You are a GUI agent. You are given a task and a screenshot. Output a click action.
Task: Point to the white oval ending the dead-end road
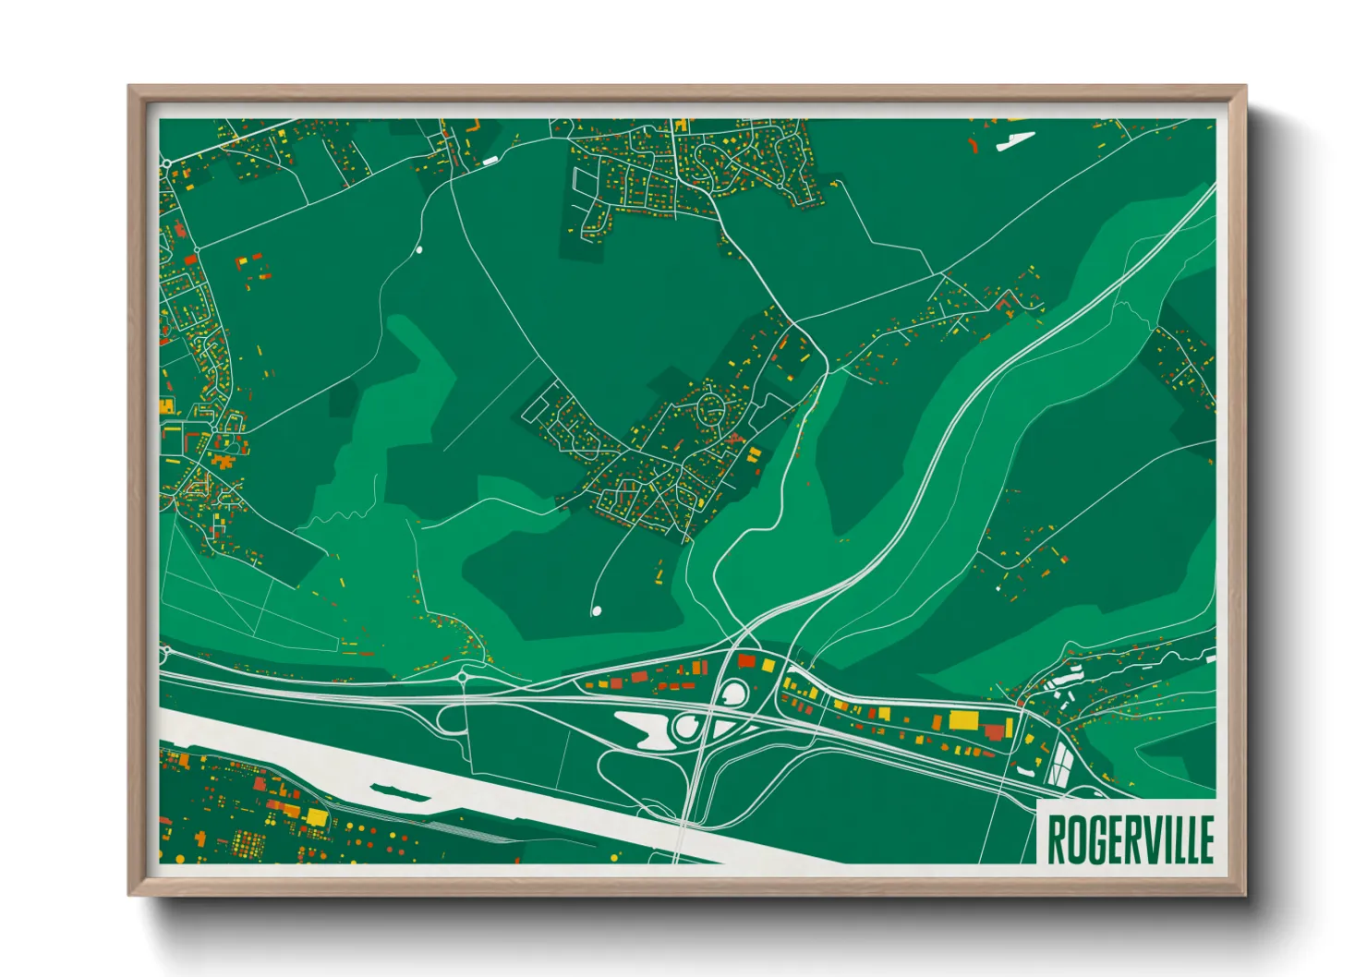click(596, 609)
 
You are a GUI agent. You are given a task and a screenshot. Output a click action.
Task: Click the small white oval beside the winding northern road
click(419, 248)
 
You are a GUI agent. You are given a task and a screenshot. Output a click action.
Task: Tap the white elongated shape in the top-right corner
click(1015, 140)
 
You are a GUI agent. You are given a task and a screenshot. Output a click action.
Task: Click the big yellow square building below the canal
click(316, 817)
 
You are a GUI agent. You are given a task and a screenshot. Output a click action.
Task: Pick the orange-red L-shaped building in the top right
click(1006, 301)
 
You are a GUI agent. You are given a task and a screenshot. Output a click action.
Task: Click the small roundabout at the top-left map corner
click(166, 163)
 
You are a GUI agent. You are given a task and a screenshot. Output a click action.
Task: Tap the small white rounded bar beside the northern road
click(489, 161)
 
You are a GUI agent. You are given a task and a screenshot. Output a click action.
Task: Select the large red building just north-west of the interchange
click(746, 661)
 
